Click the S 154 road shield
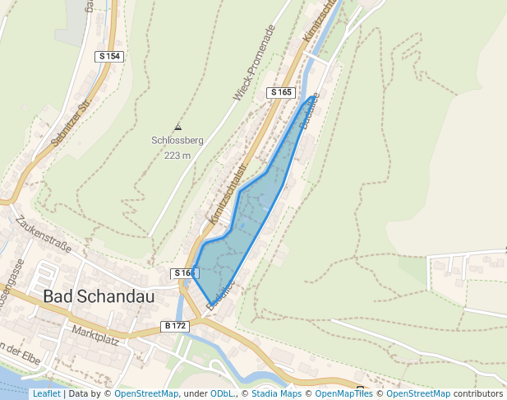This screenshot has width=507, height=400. point(108,56)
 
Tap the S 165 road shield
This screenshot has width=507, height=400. point(281,92)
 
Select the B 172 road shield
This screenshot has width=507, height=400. point(176,326)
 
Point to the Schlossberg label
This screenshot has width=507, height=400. point(177,141)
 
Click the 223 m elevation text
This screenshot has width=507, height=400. point(177,156)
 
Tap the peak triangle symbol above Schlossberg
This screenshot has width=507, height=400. point(177,127)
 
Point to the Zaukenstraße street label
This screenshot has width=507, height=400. point(43,235)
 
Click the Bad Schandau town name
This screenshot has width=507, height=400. point(99,296)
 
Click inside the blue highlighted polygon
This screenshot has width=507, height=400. point(247,222)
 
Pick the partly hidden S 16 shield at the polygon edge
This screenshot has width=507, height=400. point(182,273)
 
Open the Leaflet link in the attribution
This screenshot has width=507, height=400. point(46,393)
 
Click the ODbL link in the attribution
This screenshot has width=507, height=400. point(224,393)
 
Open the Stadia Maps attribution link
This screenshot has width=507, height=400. point(275,393)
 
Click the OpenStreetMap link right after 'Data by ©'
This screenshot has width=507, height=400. point(146,393)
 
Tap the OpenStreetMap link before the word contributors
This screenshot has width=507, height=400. point(418,393)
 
